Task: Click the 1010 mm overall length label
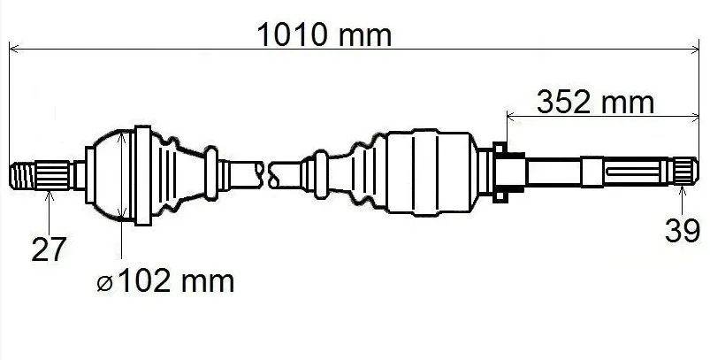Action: pos(324,34)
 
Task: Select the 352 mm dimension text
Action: pos(595,103)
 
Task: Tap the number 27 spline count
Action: pos(49,249)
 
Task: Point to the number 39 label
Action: pos(682,231)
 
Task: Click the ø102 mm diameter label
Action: pos(165,280)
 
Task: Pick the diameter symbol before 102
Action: pos(104,285)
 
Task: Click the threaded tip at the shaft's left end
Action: pos(23,176)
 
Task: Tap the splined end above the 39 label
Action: pos(684,172)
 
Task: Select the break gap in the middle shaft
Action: pos(266,175)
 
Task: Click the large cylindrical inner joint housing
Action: pos(432,172)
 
